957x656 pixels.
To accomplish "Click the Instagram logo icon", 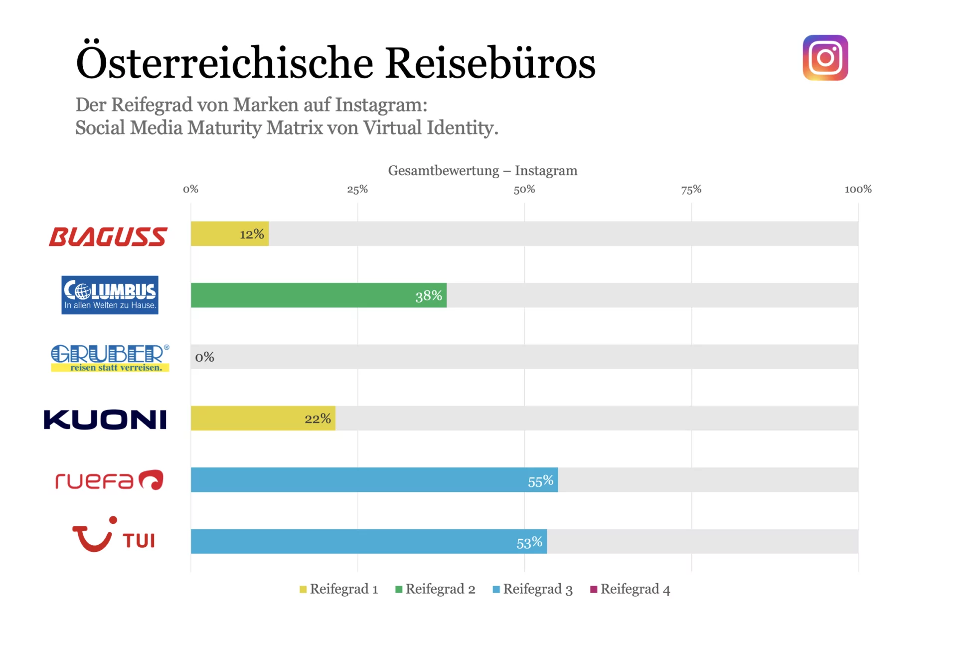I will [825, 58].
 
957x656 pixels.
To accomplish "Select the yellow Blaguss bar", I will [229, 233].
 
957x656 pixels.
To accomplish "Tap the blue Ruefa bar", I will [374, 480].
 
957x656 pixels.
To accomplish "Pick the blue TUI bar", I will [368, 541].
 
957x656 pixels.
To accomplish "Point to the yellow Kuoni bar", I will [263, 418].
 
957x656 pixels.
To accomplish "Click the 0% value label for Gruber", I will [204, 357].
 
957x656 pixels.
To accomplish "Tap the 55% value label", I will [540, 481].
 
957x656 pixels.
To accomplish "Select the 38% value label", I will [429, 296].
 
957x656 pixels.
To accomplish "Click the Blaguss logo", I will [108, 236].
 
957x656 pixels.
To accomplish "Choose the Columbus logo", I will [110, 295].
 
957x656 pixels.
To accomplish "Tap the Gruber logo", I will [110, 358].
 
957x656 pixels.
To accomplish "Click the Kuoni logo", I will [105, 420].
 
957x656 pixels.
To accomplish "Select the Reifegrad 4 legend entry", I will [630, 589].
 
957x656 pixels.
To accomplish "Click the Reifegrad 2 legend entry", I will [435, 589].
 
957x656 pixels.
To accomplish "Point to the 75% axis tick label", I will [691, 190].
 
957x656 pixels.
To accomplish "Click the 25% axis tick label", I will [357, 190].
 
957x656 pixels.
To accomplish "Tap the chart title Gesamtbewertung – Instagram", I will [482, 171].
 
